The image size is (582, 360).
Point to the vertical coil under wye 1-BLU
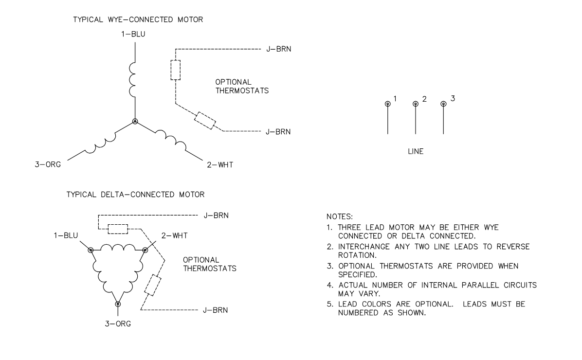133,79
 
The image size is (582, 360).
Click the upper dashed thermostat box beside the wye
175,70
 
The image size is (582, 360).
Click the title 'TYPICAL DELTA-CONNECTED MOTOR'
138,194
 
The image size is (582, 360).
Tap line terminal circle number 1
387,104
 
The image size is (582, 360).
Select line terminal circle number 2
415,104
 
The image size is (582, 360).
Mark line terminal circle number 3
443,104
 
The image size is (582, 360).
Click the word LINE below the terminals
415,152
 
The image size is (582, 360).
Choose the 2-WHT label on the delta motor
174,235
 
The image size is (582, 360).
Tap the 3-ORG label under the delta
118,323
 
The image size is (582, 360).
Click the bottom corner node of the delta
118,304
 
